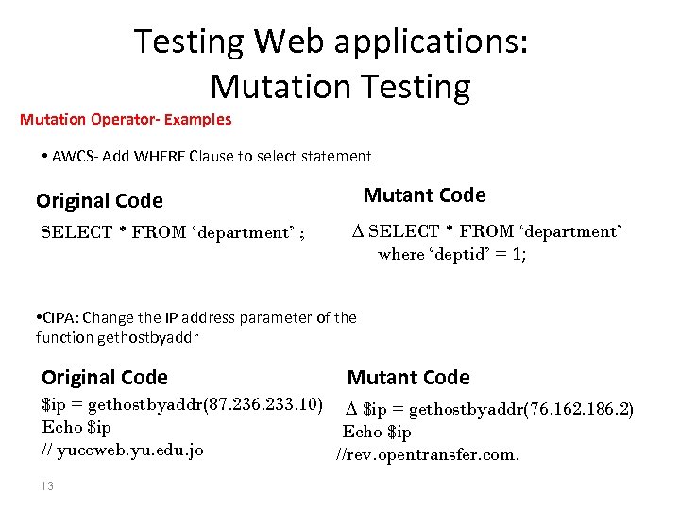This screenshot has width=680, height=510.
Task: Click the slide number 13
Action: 47,486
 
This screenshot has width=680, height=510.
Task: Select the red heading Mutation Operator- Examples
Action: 126,120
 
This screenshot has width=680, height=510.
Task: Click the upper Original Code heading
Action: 99,200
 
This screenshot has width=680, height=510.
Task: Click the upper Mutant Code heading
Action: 424,195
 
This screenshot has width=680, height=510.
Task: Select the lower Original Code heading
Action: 105,377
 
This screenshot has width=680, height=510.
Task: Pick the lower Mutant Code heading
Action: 408,377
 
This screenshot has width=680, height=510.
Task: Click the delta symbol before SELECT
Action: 357,231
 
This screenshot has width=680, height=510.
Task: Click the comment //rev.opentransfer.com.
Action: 428,454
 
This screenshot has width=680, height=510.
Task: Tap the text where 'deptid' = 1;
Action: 451,254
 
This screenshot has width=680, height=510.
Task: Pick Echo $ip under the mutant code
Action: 376,432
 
